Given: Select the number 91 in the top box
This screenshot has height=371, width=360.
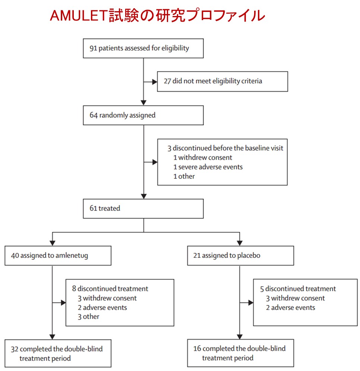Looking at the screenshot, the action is [x=93, y=48].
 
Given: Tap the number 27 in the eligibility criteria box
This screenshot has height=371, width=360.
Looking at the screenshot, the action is [x=167, y=81].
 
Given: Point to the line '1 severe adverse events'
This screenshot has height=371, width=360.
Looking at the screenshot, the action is [x=208, y=167].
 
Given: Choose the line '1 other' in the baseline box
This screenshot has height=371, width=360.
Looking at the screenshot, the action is [x=184, y=177].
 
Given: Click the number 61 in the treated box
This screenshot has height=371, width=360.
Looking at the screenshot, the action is [x=93, y=209].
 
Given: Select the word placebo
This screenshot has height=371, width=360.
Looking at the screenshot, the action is [x=249, y=256].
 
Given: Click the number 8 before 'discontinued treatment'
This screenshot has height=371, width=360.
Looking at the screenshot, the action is [x=74, y=289].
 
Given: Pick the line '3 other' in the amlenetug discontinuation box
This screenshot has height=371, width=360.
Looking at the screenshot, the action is [x=89, y=317].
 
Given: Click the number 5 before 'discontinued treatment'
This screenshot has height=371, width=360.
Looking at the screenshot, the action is [x=262, y=289].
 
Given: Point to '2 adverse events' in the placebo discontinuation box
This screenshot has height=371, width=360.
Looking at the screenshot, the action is [x=290, y=308].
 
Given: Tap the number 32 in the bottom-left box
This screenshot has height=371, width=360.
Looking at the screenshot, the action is [x=15, y=349].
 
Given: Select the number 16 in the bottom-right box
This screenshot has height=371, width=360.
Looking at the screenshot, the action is [x=197, y=349].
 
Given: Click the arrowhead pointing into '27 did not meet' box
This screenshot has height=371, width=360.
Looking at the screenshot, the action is [x=155, y=82].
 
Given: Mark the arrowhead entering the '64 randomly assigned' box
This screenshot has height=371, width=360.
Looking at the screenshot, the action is [x=143, y=103].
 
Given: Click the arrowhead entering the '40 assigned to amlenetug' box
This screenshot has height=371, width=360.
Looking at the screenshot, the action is [x=52, y=243].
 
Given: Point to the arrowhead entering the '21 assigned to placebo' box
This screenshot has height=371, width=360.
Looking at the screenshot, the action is [x=240, y=243].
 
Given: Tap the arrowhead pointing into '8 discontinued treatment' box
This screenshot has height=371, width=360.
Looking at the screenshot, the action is [x=63, y=302].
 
